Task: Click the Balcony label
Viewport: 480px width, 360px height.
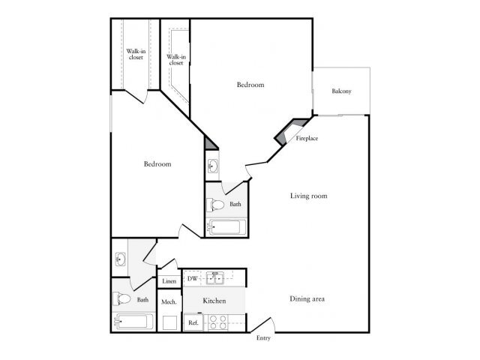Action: pyautogui.click(x=341, y=92)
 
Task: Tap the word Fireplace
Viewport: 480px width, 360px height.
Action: pyautogui.click(x=307, y=139)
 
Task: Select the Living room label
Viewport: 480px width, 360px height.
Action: pyautogui.click(x=310, y=196)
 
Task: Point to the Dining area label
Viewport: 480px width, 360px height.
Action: pyautogui.click(x=307, y=299)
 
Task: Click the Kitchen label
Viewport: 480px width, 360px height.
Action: pyautogui.click(x=214, y=301)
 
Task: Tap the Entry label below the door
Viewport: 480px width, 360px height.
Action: pyautogui.click(x=262, y=338)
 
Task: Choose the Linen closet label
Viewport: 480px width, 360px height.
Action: pyautogui.click(x=168, y=283)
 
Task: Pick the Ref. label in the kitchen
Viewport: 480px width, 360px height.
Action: pyautogui.click(x=193, y=322)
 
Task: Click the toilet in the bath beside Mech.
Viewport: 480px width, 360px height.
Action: pyautogui.click(x=123, y=300)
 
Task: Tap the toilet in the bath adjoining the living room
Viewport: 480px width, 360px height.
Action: pyautogui.click(x=217, y=204)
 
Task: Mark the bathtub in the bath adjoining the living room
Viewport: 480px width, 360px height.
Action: pyautogui.click(x=226, y=226)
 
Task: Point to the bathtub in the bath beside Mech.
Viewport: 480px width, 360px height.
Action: pyautogui.click(x=135, y=323)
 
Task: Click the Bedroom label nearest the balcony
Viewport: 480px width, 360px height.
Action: pyautogui.click(x=250, y=85)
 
